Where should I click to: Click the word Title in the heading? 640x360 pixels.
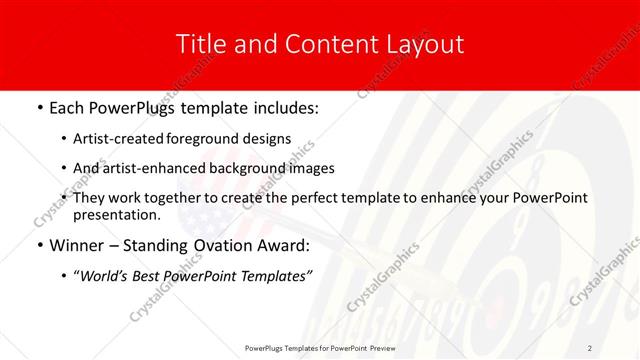click(200, 45)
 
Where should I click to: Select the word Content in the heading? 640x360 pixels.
click(329, 45)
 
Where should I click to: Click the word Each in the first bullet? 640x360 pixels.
click(67, 105)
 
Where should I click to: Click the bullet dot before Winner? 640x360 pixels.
click(38, 245)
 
